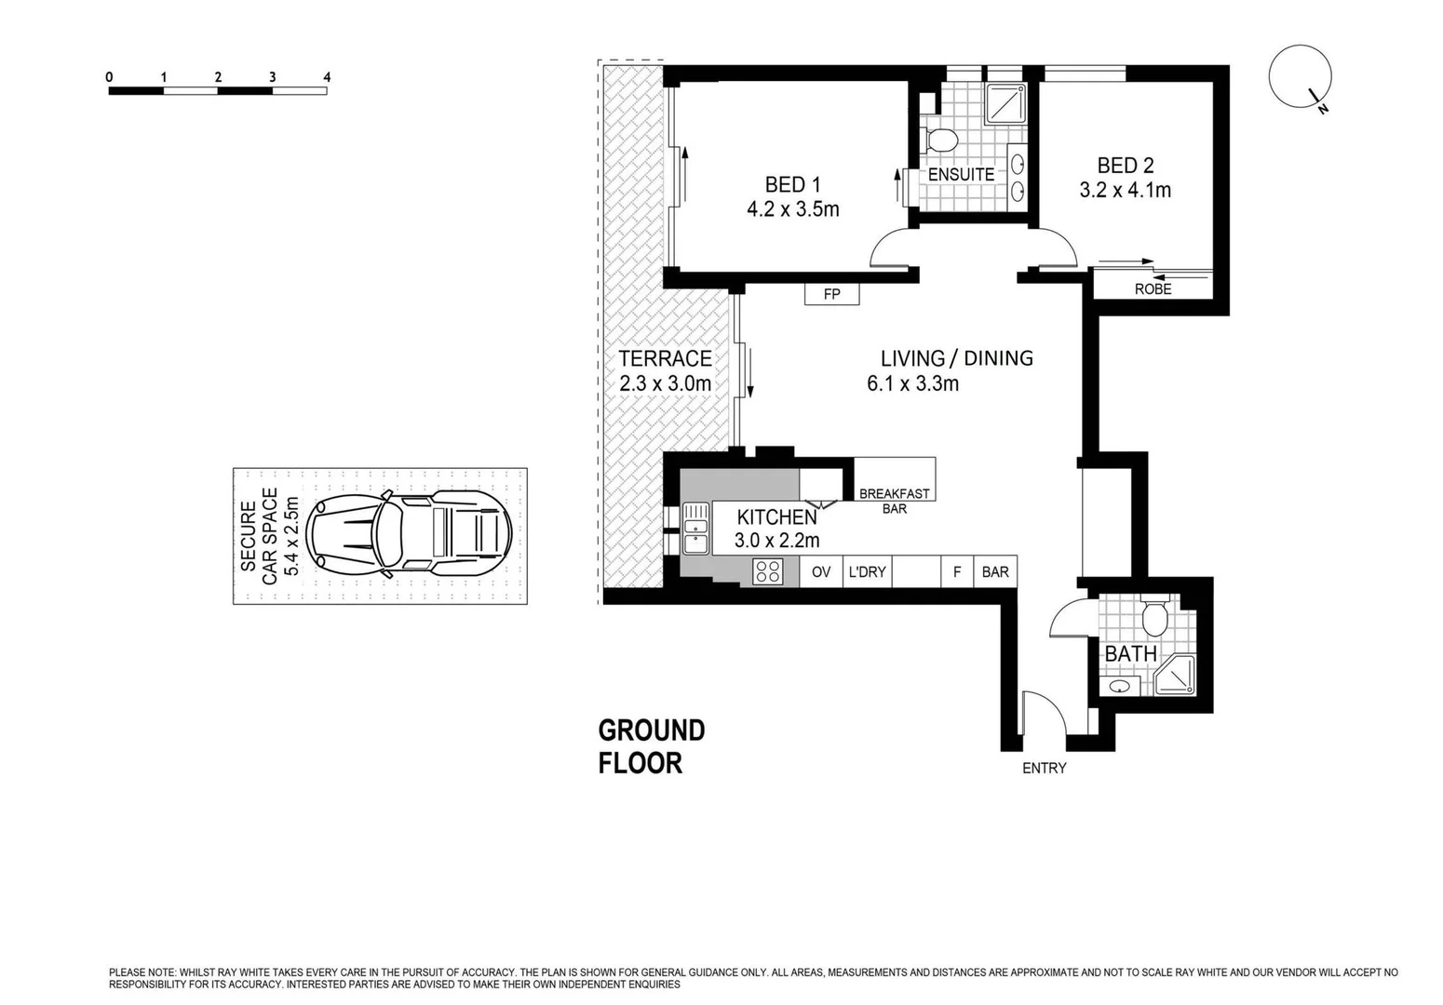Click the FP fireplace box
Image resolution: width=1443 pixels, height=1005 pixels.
[x=831, y=294]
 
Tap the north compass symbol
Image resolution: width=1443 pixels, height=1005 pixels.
[x=1301, y=79]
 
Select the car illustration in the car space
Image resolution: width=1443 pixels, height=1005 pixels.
[x=410, y=535]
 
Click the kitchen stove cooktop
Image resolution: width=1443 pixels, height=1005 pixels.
[x=768, y=571]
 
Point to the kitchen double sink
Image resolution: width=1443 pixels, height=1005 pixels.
[x=695, y=529]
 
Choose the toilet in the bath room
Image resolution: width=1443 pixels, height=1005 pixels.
[x=1154, y=616]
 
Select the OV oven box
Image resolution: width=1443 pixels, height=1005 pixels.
[x=820, y=571]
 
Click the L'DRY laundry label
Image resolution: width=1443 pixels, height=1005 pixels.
[x=867, y=571]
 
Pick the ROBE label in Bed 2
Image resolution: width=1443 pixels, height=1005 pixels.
[x=1153, y=289]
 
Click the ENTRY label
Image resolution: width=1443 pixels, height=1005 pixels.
[x=1044, y=768]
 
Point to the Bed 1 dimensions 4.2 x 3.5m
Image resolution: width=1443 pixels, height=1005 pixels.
[x=792, y=209]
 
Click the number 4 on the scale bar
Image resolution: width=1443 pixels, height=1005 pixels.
[x=326, y=77]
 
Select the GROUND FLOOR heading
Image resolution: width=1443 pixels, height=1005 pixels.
[x=651, y=746]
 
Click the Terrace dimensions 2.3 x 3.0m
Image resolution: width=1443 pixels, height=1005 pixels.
[x=665, y=383]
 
